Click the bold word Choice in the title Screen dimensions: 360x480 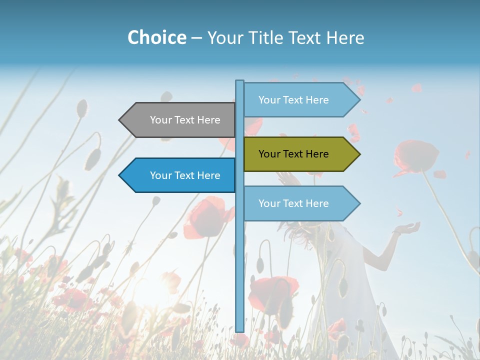[156, 37]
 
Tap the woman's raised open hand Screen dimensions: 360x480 [406, 229]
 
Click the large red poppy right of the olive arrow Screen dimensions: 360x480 [414, 155]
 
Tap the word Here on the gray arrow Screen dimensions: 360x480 [208, 120]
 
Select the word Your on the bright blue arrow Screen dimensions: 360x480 [160, 175]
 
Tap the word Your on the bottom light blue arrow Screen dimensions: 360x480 [269, 203]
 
